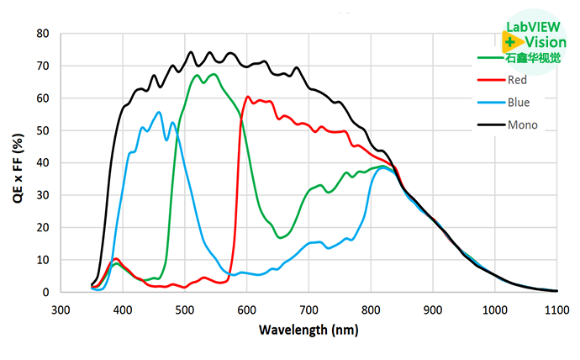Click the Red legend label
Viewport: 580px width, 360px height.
click(518, 81)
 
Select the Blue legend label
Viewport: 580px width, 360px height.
click(519, 103)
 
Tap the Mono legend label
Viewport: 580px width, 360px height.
click(522, 126)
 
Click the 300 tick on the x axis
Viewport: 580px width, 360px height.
click(61, 310)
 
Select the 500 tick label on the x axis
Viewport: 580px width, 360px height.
click(185, 310)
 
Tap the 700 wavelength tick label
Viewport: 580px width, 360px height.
click(308, 310)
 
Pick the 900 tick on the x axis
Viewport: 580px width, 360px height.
click(433, 310)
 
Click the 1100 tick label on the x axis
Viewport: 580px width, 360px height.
click(556, 310)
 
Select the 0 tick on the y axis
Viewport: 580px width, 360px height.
click(47, 292)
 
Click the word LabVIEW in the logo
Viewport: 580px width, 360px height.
click(527, 26)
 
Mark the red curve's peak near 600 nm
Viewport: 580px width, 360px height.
click(248, 97)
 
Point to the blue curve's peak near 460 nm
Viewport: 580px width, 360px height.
click(159, 112)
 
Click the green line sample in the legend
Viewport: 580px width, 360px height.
click(489, 58)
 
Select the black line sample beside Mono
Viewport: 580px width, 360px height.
click(489, 126)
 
